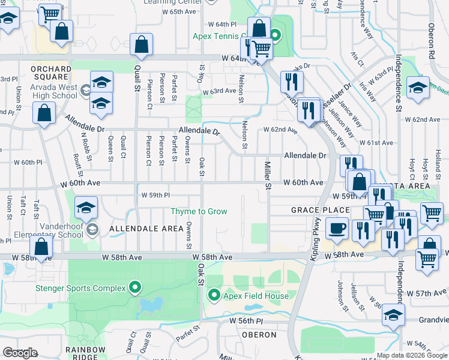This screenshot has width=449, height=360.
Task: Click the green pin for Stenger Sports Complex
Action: point(135,289)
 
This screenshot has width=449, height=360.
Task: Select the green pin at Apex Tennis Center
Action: point(276,35)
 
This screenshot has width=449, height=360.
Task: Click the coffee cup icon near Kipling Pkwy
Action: point(336,227)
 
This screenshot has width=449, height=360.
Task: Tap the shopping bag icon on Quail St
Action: point(140,44)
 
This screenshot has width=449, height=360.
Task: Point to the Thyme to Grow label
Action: point(199,211)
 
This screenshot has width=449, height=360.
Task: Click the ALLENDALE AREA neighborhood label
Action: point(146,229)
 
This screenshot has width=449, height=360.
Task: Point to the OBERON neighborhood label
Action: point(259,334)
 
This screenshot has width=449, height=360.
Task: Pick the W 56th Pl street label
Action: point(246,322)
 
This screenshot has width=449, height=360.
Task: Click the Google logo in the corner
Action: point(20,353)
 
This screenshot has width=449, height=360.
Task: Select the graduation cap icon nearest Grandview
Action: point(393,314)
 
